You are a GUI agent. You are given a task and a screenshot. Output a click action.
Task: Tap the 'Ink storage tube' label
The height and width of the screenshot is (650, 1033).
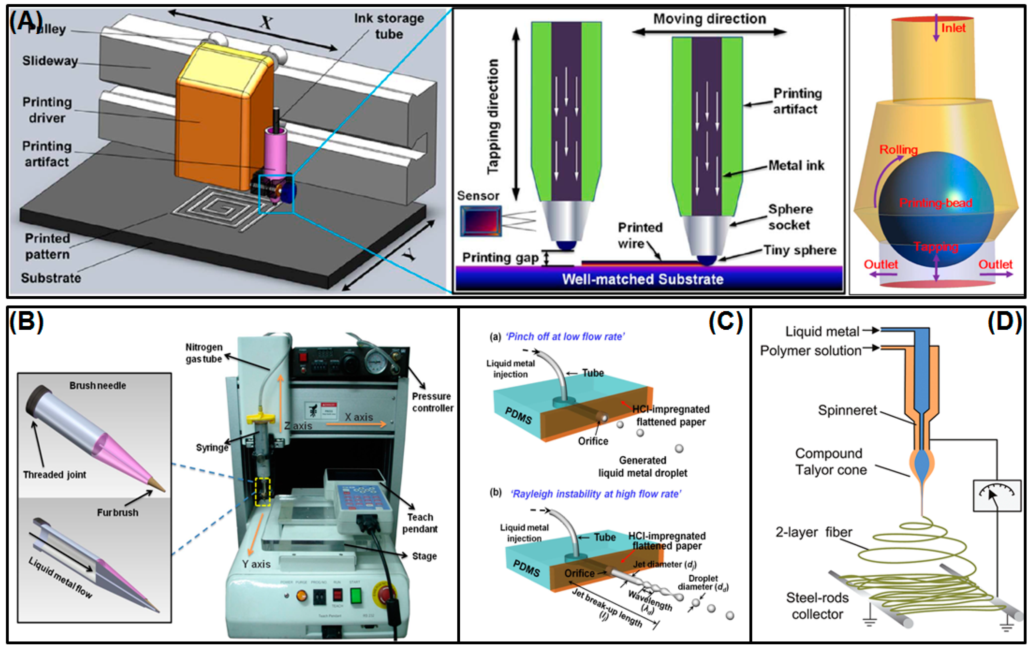click(389, 26)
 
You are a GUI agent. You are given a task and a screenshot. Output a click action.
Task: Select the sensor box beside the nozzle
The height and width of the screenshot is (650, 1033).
click(481, 221)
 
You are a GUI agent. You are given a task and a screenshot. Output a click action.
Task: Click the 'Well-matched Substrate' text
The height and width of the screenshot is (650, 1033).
click(643, 279)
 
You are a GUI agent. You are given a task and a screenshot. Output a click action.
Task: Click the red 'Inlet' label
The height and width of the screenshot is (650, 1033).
click(953, 28)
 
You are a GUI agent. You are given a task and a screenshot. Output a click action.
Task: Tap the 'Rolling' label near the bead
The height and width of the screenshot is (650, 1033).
click(898, 150)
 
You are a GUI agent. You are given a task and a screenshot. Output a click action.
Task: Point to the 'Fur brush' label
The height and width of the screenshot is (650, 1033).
click(118, 512)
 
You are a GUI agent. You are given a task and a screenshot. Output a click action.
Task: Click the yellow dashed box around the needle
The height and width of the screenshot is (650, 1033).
click(263, 491)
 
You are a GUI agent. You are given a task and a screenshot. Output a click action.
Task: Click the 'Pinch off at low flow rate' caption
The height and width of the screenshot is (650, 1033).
click(565, 337)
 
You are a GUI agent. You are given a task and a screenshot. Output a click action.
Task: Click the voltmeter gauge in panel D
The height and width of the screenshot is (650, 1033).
click(996, 496)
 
